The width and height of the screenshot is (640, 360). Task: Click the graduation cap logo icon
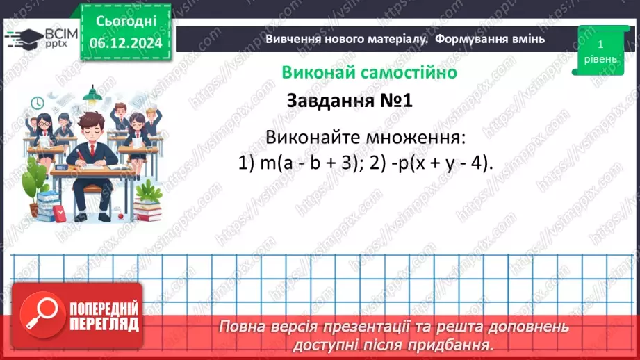22,36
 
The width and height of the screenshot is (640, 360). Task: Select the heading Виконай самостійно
369,72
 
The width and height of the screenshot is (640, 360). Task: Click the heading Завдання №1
350,101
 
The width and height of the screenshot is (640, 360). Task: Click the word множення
419,136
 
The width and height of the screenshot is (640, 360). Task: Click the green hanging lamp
92,95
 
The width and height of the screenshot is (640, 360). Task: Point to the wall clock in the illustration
38,103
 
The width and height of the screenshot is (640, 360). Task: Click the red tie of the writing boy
91,151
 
